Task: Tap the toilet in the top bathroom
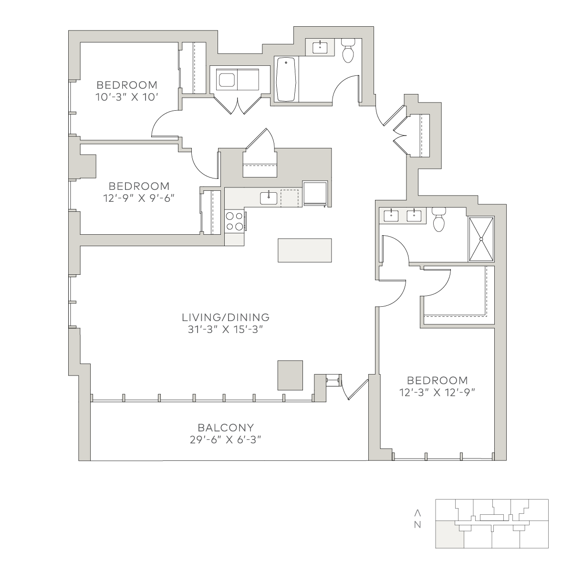coord(348,51)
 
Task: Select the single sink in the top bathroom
coord(320,47)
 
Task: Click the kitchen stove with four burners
coord(235,221)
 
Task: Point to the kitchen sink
coord(269,198)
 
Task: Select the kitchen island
coord(305,250)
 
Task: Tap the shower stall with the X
coord(481,240)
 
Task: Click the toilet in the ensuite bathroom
coord(438,220)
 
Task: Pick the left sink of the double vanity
coord(391,216)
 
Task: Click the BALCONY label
coord(226,427)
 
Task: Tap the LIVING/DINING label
coord(226,317)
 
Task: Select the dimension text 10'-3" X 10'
coord(127,97)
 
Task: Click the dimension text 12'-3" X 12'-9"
coord(437,393)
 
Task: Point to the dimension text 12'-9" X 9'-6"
coord(138,198)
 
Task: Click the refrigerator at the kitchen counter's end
coord(315,193)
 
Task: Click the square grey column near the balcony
coord(290,375)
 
